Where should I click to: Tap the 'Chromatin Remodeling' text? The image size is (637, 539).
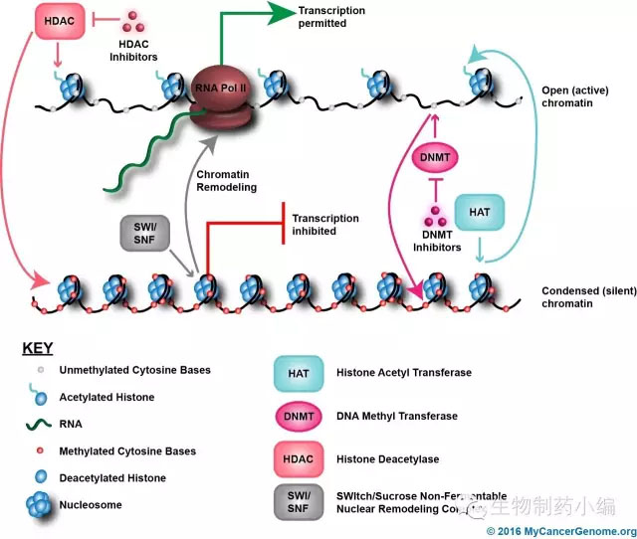(x=226, y=181)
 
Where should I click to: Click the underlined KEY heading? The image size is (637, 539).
(x=37, y=350)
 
